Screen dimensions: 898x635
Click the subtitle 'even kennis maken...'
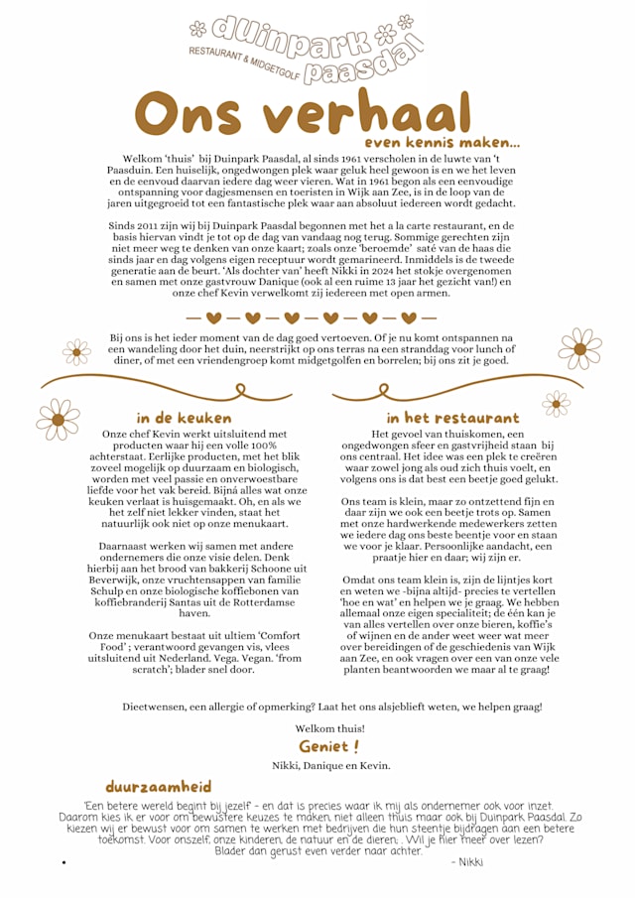pos(442,145)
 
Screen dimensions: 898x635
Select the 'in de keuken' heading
pos(184,418)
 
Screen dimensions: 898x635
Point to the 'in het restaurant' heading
pos(452,418)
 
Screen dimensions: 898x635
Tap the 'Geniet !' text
pos(329,746)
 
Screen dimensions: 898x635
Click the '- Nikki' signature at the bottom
pos(465,862)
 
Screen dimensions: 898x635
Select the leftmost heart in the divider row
pos(213,319)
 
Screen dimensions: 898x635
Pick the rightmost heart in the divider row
pos(407,319)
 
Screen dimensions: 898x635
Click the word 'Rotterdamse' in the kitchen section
pos(241,600)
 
